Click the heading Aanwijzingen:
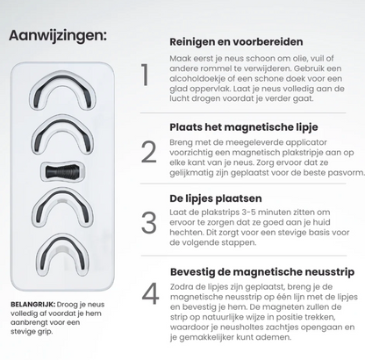(58, 37)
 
